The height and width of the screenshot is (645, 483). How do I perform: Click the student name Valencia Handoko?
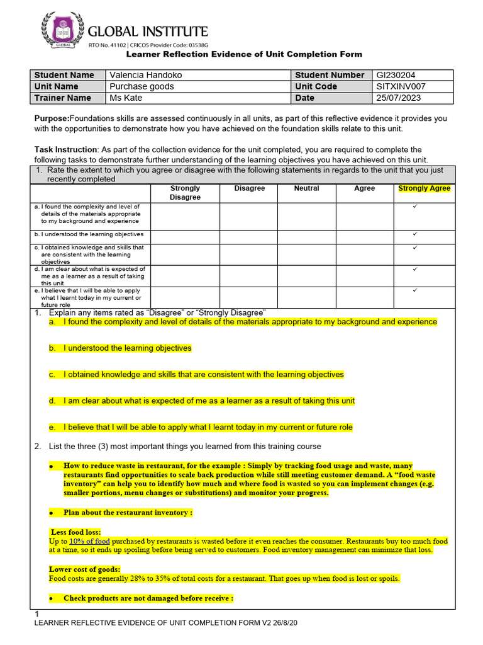(x=146, y=75)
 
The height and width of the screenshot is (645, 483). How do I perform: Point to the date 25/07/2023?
(x=399, y=98)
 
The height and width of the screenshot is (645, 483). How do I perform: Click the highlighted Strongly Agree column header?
(x=424, y=188)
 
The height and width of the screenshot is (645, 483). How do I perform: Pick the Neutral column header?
(x=306, y=188)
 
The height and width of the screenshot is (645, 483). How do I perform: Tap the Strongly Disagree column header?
(x=185, y=193)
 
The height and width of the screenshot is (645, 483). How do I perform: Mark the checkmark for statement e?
(x=415, y=290)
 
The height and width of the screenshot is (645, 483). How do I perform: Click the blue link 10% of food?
(x=90, y=541)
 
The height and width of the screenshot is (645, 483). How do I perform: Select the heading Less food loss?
(x=75, y=532)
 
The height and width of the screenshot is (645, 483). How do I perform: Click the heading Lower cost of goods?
(x=84, y=569)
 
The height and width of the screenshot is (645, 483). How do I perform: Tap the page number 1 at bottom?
(x=37, y=614)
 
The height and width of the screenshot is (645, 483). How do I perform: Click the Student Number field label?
(x=330, y=75)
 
